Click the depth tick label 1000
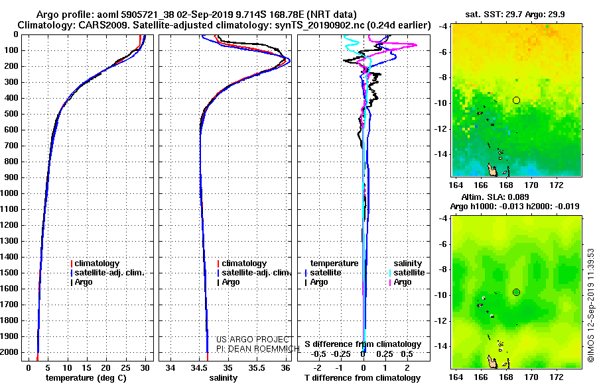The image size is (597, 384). point(9,193)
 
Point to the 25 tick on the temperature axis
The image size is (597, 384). point(125,367)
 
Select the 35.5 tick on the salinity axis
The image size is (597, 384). point(257,367)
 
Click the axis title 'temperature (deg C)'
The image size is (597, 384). point(86,378)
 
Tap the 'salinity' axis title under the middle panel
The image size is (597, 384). point(224,378)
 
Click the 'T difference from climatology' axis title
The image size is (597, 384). point(363,378)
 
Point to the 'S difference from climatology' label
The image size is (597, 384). point(363,344)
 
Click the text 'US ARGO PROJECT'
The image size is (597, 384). point(253,340)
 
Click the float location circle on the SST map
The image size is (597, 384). point(516,101)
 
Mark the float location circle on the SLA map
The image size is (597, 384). point(516,293)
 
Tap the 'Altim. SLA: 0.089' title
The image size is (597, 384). point(495,197)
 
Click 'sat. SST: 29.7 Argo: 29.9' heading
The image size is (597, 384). point(515,15)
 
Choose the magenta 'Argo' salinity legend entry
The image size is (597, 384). point(403,282)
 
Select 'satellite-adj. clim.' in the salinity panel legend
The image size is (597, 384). point(254,273)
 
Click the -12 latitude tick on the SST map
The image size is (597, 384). point(442,129)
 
